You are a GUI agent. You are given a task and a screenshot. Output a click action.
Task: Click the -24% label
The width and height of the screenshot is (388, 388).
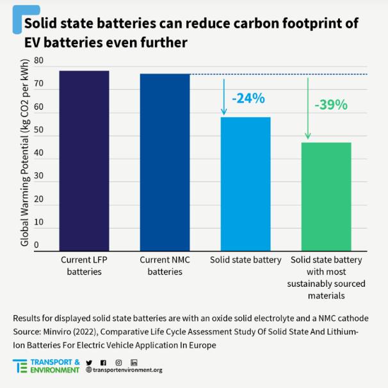click(x=247, y=99)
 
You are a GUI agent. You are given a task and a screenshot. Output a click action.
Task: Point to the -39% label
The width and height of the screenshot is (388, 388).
click(x=331, y=105)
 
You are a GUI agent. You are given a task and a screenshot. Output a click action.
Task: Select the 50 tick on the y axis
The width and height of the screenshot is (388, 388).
click(x=39, y=131)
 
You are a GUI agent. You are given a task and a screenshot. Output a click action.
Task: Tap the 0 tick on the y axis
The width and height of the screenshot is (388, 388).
click(x=36, y=245)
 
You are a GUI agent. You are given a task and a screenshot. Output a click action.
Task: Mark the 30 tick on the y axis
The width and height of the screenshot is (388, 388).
click(x=39, y=177)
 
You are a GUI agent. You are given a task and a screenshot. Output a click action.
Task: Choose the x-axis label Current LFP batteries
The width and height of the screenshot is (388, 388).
click(x=84, y=266)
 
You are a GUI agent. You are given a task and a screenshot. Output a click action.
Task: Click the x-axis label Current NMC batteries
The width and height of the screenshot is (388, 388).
click(x=165, y=266)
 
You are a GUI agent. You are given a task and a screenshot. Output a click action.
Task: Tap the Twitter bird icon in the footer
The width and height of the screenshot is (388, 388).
click(x=89, y=363)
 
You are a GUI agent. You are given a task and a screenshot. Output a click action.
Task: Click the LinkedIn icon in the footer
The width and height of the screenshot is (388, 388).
click(x=134, y=363)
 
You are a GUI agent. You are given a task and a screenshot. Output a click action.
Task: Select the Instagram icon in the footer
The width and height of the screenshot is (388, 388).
click(x=118, y=363)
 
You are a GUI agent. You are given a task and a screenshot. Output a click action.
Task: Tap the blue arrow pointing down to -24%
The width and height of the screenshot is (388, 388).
click(x=224, y=97)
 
